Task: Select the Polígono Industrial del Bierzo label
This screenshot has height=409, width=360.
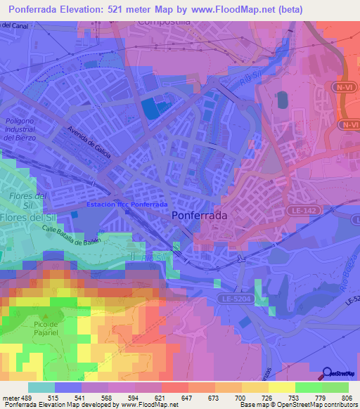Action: (23, 129)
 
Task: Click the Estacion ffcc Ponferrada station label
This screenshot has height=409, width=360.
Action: (127, 204)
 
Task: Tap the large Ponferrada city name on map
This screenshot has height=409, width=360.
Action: (200, 216)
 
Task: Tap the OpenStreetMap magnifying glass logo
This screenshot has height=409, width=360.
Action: (328, 374)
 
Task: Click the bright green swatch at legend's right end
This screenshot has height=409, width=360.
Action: (335, 387)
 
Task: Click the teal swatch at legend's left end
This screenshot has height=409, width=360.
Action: (41, 387)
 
